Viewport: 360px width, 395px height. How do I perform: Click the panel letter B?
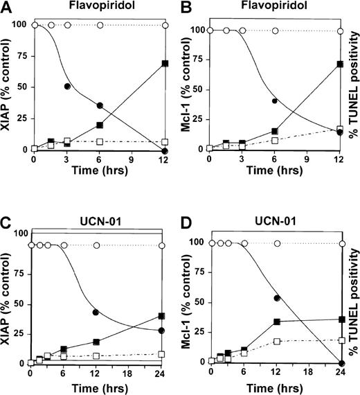[x=190, y=9]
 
